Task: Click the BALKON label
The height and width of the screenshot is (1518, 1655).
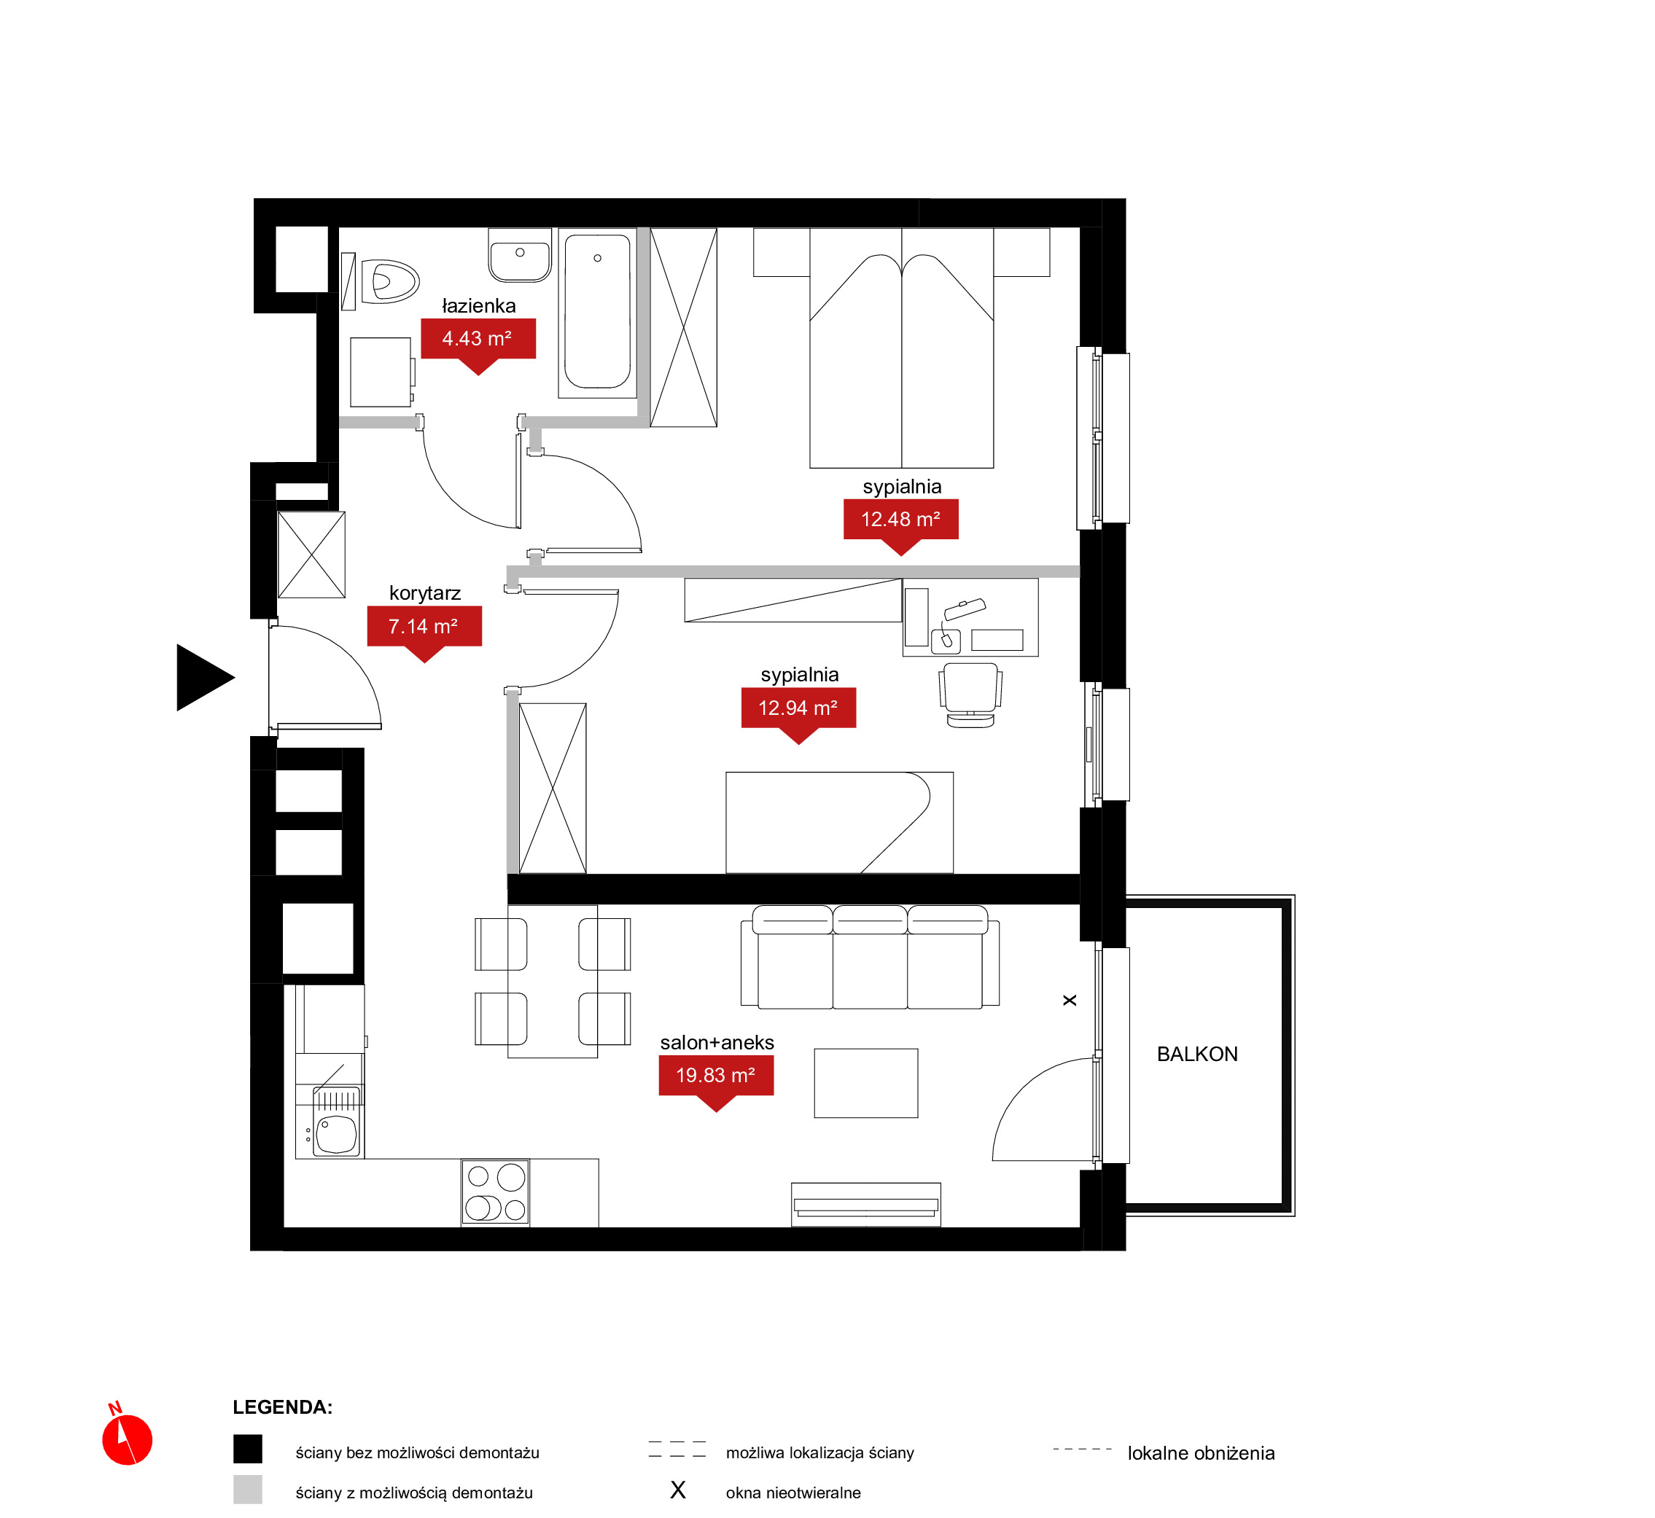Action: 1197,1054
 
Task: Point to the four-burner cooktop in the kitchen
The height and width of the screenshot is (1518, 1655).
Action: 496,1192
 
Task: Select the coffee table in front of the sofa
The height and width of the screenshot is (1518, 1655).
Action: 866,1084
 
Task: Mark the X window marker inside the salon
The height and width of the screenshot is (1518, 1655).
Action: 1070,1001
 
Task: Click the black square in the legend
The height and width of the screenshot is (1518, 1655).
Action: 247,1449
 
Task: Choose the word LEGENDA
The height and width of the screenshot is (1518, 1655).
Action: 283,1407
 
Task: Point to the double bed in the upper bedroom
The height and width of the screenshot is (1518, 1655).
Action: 901,348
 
